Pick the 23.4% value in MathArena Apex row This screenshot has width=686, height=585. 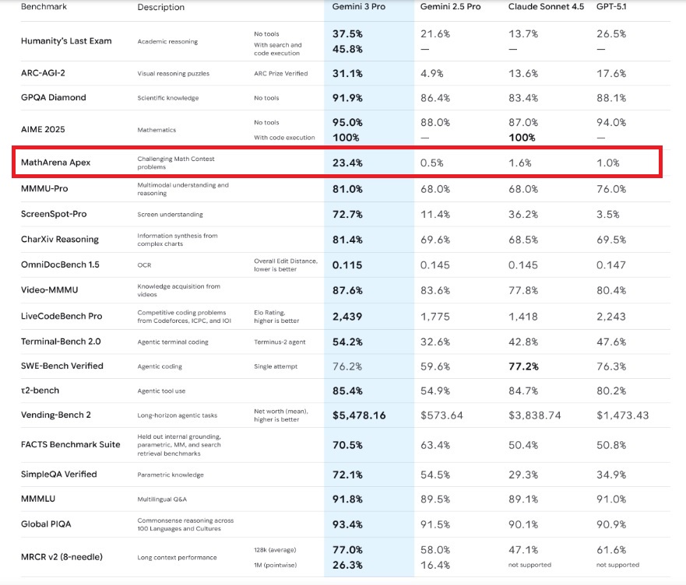[x=347, y=163]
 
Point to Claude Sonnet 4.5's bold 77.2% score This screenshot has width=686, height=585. [x=524, y=366]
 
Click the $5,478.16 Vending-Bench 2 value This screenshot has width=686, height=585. [x=359, y=415]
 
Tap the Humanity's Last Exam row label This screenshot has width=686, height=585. [x=67, y=40]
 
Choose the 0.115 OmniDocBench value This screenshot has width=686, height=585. [x=347, y=264]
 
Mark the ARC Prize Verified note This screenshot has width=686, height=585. [x=281, y=74]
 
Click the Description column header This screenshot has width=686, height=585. [x=161, y=7]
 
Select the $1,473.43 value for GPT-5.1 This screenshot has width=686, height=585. [x=622, y=415]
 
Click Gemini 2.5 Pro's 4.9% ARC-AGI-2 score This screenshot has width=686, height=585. [x=434, y=73]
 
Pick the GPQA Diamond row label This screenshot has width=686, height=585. [x=54, y=97]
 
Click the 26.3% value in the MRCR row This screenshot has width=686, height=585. [x=347, y=565]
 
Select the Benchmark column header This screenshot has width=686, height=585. [x=44, y=6]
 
